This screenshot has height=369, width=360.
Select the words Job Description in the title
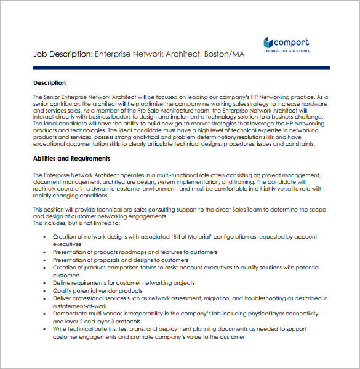pyautogui.click(x=62, y=54)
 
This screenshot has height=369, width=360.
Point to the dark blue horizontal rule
pyautogui.click(x=181, y=68)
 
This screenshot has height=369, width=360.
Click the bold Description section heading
pyautogui.click(x=49, y=82)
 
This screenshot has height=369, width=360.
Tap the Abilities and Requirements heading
pyautogui.click(x=71, y=158)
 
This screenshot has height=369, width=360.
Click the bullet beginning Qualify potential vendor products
pyautogui.click(x=98, y=290)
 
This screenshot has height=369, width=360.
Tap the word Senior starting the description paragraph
pyautogui.click(x=54, y=97)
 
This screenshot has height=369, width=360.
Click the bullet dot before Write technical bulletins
pyautogui.click(x=44, y=329)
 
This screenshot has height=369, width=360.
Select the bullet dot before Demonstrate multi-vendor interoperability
pyautogui.click(x=44, y=314)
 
